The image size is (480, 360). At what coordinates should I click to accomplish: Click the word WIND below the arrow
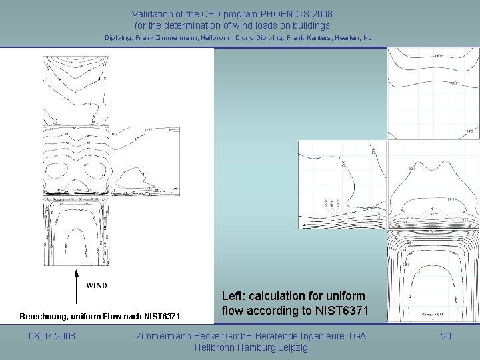97,286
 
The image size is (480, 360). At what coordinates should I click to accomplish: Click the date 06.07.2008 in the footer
52,337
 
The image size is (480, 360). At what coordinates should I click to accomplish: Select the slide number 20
446,337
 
